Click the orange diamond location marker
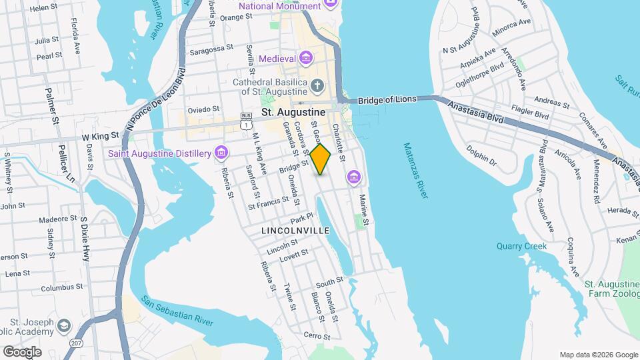coord(321,159)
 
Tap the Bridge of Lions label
coord(387,100)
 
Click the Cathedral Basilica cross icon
coord(317,85)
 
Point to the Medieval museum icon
coord(305,59)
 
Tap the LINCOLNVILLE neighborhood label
coord(295,231)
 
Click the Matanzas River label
coord(417,170)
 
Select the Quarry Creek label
coord(525,246)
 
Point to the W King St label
coord(100,135)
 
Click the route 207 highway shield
coord(75,343)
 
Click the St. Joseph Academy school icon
coord(64,325)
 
